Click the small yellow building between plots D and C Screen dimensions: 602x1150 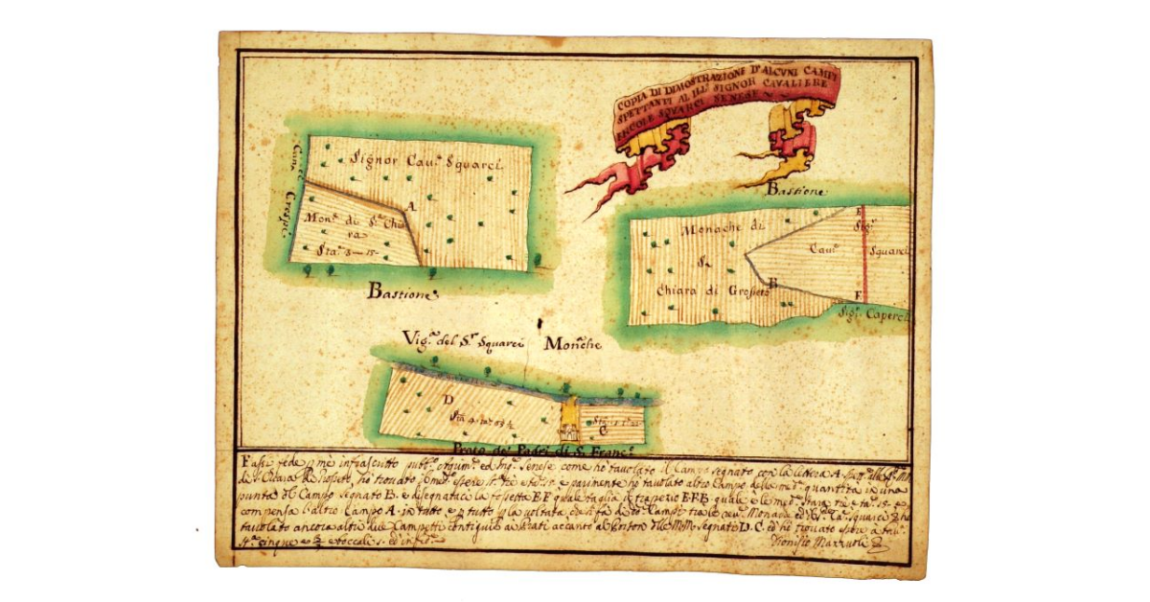click(570, 418)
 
